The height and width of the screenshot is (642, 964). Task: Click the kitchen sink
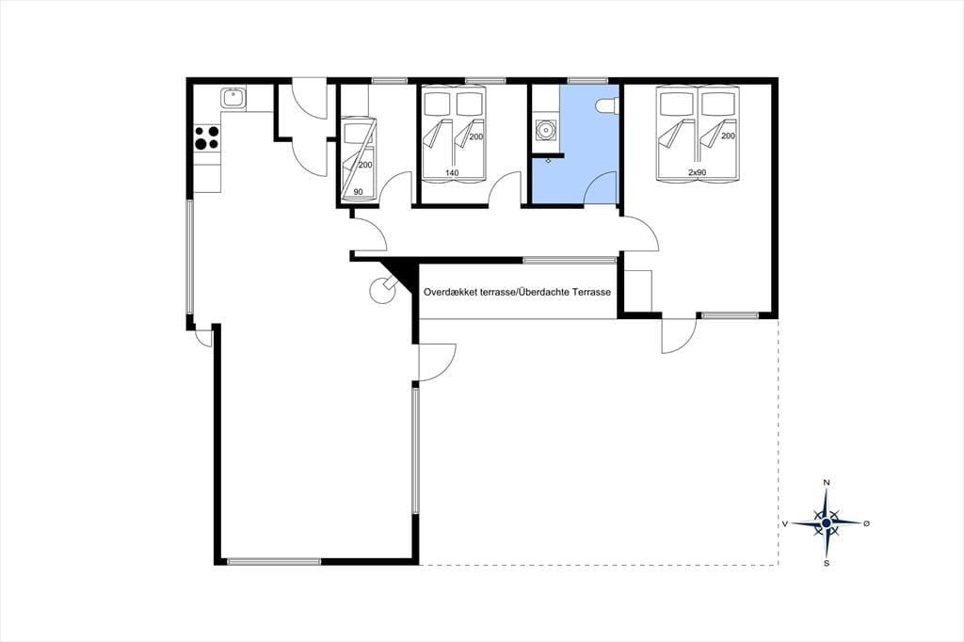[x=233, y=99]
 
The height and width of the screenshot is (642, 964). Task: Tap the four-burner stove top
[x=206, y=137]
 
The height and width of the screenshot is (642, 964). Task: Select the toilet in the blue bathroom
[x=607, y=105]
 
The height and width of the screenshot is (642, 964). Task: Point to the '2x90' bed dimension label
[x=697, y=173]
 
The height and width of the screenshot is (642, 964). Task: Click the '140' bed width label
[x=452, y=173]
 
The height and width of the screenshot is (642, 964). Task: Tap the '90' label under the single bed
[x=358, y=192]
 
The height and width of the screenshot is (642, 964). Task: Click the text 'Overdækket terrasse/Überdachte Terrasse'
[x=517, y=292]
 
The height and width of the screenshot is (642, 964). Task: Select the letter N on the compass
[x=827, y=482]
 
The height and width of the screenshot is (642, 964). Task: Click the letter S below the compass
[x=827, y=563]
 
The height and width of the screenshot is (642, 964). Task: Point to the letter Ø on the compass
[x=866, y=523]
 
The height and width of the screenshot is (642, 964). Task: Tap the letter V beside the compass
[x=785, y=523]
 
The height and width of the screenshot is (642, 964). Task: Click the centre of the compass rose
[x=827, y=522]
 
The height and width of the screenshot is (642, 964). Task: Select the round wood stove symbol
[x=382, y=290]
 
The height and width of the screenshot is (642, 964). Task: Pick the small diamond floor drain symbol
[x=549, y=160]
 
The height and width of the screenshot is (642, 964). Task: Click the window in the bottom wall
[x=274, y=561]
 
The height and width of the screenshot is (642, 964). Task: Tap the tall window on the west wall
[x=190, y=257]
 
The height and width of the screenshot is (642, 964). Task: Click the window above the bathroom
[x=587, y=80]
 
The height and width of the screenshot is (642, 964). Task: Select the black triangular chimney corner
[x=399, y=274]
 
